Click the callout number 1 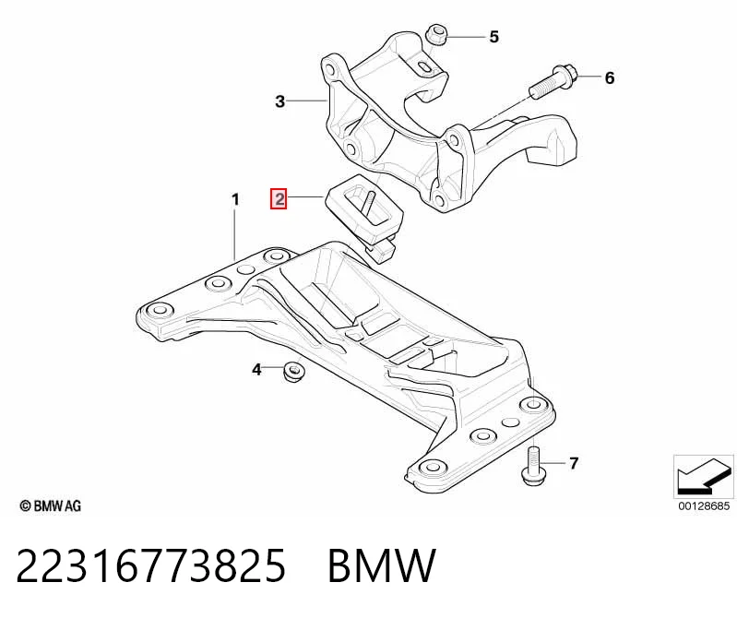click(x=235, y=200)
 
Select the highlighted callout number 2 click(x=279, y=199)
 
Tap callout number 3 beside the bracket click(x=280, y=101)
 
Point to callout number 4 click(x=256, y=369)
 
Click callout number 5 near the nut click(x=493, y=37)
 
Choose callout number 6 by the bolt click(x=609, y=77)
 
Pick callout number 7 click(x=574, y=463)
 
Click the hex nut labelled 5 click(x=435, y=35)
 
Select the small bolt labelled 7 click(x=533, y=467)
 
